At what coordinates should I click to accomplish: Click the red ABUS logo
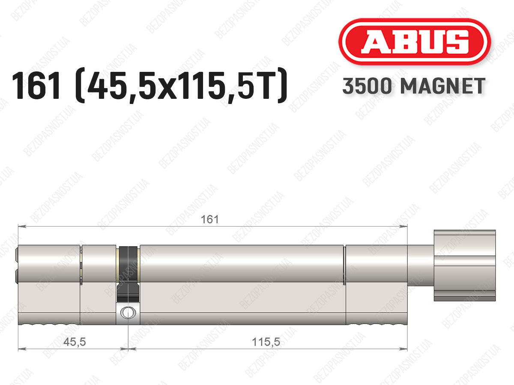pos(415,41)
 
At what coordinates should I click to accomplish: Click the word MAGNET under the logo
pos(443,86)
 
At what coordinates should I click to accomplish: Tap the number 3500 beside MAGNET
pos(367,86)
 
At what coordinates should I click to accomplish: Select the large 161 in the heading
pos(36,86)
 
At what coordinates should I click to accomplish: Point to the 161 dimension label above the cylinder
pos(210,219)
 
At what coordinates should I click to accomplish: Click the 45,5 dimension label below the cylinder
pos(75,342)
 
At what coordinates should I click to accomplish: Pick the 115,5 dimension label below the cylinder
pos(266,342)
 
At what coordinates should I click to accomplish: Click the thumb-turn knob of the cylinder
pos(465,266)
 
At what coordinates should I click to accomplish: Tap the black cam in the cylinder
pos(128,274)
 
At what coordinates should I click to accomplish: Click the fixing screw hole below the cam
pos(128,313)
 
